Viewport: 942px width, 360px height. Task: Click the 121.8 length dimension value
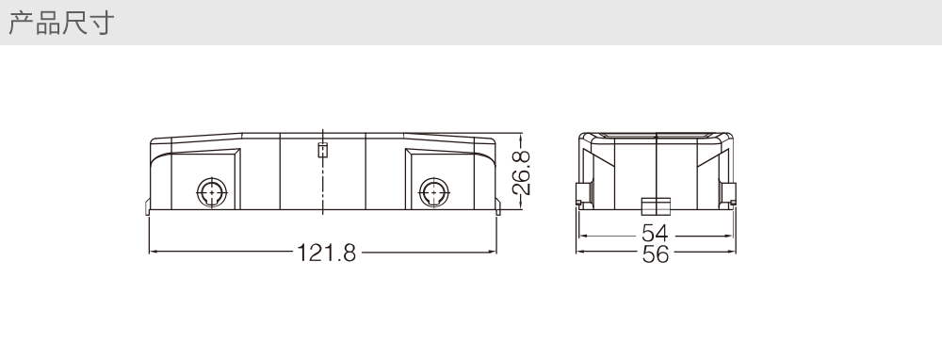tap(327, 253)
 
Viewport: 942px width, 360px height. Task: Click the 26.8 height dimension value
tap(522, 173)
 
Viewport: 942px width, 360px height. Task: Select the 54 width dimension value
tap(655, 233)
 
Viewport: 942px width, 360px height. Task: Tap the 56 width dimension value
tap(655, 254)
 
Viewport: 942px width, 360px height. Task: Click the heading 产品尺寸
tap(61, 23)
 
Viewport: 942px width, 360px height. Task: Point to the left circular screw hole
tap(212, 193)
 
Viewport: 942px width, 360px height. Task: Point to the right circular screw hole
tap(433, 193)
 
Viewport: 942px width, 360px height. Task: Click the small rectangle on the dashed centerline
tap(323, 150)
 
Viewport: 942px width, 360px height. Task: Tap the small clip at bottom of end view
tap(656, 206)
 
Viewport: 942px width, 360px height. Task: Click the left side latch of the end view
tap(579, 194)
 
